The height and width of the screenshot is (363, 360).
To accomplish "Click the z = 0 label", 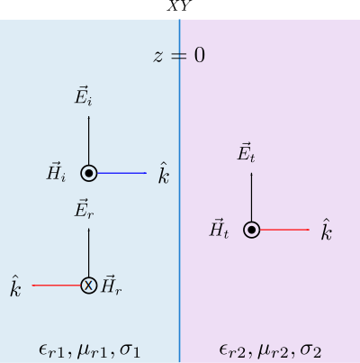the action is pos(179,56).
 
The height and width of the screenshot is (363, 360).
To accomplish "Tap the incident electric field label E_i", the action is pos(83,97).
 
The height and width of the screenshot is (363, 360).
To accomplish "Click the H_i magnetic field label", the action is pos(56,172).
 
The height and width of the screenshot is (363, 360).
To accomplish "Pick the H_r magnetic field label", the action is pos(112,285).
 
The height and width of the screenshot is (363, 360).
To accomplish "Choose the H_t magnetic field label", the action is pos(219,229).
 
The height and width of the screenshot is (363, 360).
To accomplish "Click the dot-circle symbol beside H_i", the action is pos(89,173).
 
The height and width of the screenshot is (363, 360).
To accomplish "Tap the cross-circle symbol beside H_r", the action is pos(89,286).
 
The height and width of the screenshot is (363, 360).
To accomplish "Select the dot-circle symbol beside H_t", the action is pos(252,230).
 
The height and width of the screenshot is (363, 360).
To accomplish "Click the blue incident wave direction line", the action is pos(121,173).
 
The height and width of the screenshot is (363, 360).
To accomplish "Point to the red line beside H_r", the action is pos(57,286).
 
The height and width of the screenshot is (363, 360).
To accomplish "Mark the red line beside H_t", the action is pos(284,230).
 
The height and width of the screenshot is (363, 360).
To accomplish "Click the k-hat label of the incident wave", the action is pos(164,173).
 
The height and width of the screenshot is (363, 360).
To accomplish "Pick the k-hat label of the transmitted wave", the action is pos(327,230).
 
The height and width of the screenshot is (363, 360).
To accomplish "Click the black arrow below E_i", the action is pos(89,141).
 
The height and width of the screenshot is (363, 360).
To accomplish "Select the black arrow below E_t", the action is pos(252,197).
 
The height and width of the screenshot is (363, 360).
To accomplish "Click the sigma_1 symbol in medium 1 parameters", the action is pos(130,351).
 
